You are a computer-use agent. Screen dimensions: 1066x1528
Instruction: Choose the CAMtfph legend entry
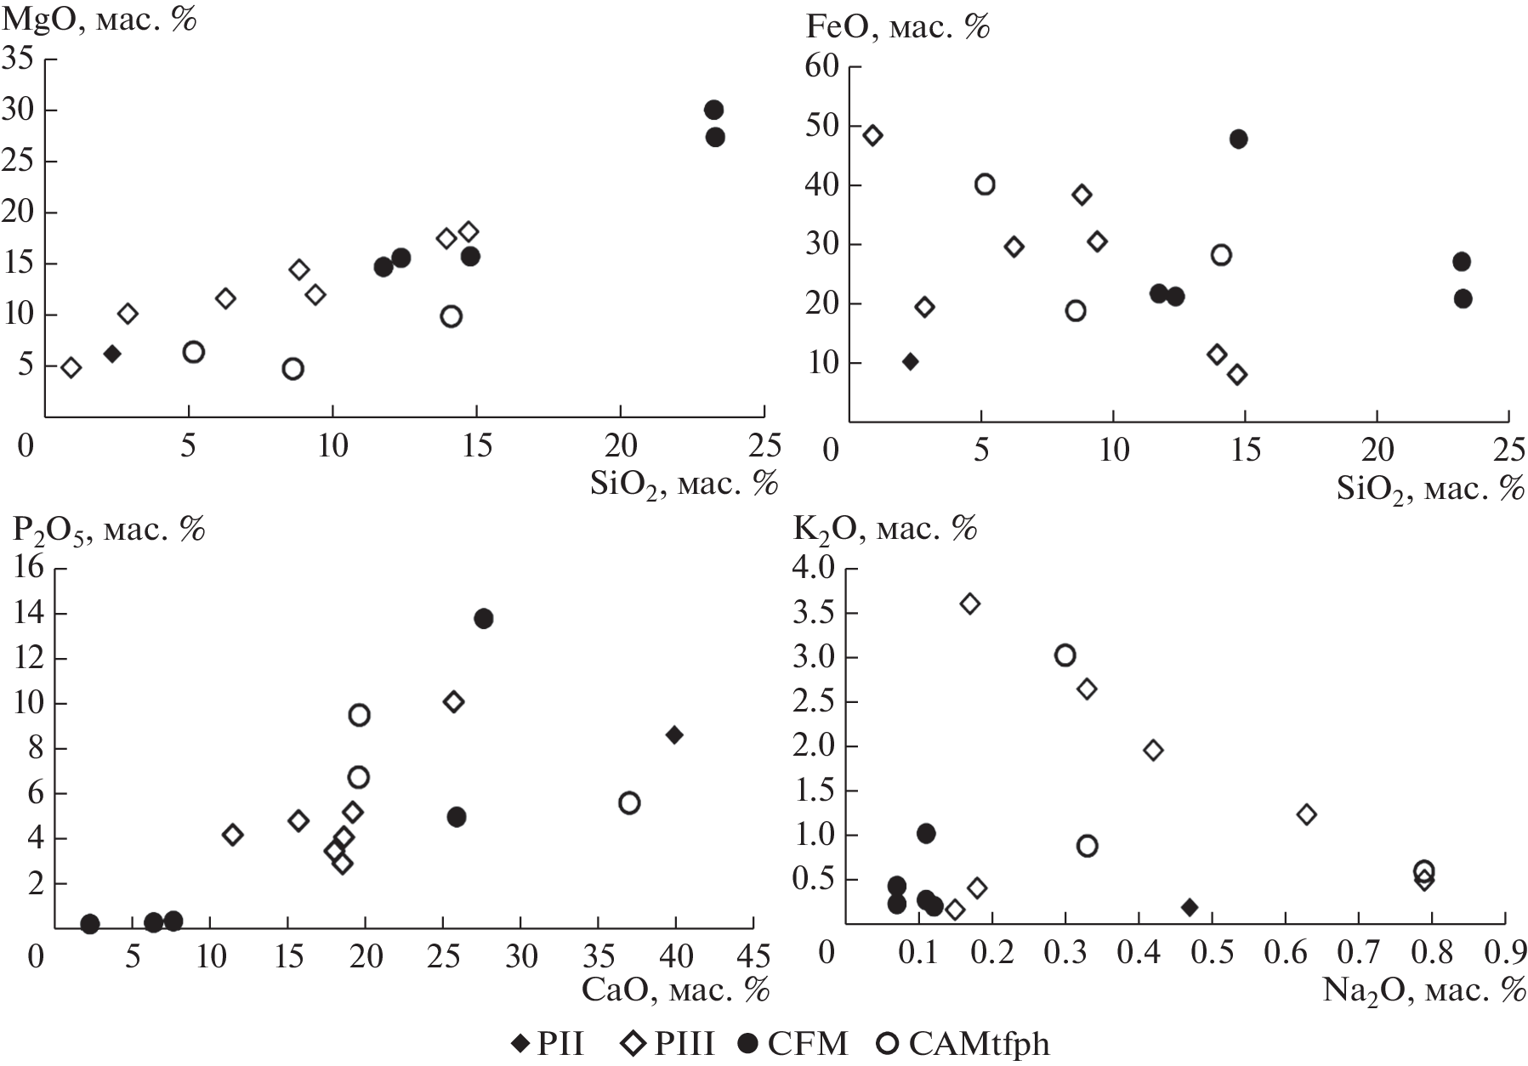click(x=966, y=1043)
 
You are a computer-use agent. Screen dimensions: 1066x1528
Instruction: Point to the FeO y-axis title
click(x=898, y=27)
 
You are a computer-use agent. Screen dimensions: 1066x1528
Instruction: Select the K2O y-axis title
click(x=885, y=529)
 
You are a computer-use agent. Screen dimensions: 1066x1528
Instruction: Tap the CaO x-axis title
click(x=676, y=989)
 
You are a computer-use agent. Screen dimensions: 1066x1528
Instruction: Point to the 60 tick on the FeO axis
click(x=821, y=66)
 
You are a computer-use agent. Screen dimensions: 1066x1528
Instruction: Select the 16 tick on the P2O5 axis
click(x=29, y=568)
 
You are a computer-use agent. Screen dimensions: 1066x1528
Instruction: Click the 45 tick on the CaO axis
click(x=753, y=956)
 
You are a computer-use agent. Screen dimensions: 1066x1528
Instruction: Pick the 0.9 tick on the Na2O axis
click(x=1506, y=952)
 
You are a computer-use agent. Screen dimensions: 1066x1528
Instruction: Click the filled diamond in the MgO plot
click(x=112, y=354)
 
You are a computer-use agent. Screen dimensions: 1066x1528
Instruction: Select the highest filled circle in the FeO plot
click(x=1239, y=139)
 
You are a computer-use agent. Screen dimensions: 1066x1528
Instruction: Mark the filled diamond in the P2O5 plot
click(x=674, y=735)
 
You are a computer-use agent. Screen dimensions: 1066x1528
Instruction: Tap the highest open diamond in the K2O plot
click(x=970, y=604)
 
